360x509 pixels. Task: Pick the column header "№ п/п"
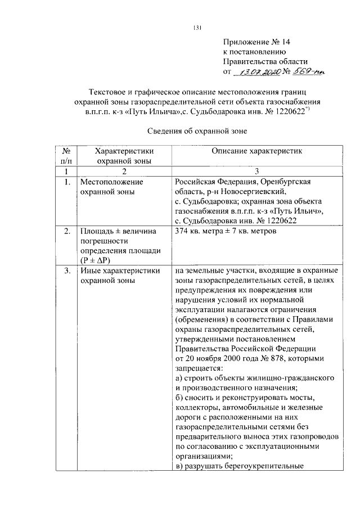[66, 156]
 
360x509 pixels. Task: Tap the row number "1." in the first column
[66, 182]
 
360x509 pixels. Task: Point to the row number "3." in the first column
[66, 271]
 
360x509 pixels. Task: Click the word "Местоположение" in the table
[111, 182]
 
